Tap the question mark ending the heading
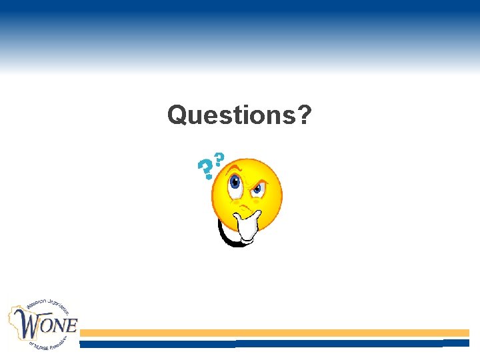[304, 115]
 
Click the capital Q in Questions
[177, 115]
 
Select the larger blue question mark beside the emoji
[206, 170]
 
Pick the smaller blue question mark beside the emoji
[219, 161]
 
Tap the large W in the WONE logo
[29, 325]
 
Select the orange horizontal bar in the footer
[273, 333]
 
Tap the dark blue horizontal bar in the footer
[273, 343]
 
